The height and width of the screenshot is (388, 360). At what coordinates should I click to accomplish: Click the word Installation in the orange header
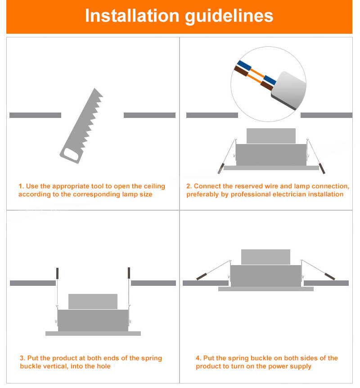pos(132,16)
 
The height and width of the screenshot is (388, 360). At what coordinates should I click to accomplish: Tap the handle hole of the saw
pos(71,154)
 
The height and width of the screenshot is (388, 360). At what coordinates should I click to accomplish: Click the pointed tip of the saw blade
pos(94,89)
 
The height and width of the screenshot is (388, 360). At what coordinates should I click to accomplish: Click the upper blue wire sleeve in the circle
pos(244,65)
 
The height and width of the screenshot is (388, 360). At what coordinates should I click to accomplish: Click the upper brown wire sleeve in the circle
pos(241,71)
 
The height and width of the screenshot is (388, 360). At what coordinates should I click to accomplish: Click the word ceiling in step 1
pos(154,186)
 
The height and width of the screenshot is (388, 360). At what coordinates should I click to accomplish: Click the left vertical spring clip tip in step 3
pos(58,273)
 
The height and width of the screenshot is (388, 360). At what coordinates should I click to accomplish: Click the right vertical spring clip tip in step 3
pos(129,273)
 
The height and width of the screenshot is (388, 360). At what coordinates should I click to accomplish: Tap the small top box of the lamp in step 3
pos(93,302)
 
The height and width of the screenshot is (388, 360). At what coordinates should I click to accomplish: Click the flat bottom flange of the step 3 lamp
pos(93,334)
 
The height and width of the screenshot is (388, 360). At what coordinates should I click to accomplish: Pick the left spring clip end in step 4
pos(202,276)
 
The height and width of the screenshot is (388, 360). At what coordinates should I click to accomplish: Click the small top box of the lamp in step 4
pos(265,257)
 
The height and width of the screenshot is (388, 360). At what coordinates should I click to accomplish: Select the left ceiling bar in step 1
pos(36,115)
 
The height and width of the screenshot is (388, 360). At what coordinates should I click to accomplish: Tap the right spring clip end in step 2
pos(322,168)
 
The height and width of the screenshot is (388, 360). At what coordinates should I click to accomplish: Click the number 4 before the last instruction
pos(198,358)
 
